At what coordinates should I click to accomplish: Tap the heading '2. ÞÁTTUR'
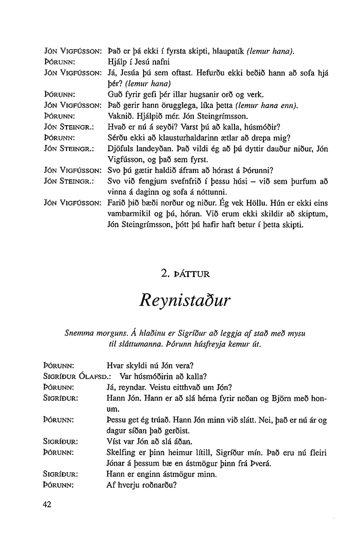(x=185, y=274)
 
